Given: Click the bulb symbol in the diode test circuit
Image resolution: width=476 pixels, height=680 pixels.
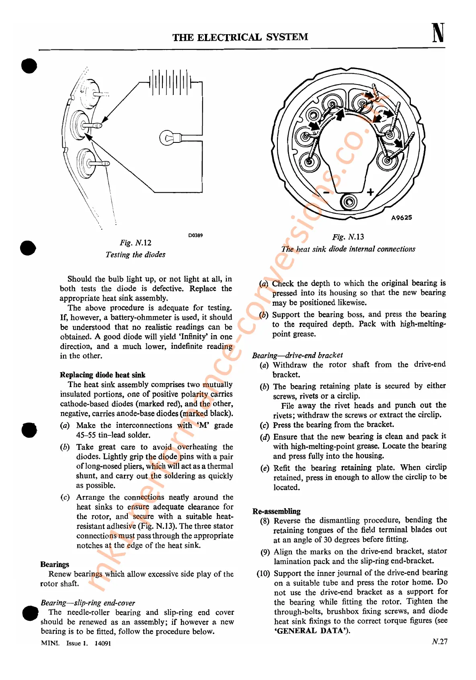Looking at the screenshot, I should point(167,138).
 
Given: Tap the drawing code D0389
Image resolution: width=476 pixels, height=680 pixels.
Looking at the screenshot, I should point(195,235).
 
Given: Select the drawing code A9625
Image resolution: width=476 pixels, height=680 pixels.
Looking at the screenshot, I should point(402,218).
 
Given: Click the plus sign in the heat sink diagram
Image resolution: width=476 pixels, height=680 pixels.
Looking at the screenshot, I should point(370,192).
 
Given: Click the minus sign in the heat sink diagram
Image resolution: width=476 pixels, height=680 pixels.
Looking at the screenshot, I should point(326,193).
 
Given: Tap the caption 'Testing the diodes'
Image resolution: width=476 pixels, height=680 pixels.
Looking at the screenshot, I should point(135,255).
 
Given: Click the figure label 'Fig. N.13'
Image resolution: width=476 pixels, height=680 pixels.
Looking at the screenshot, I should point(348,237).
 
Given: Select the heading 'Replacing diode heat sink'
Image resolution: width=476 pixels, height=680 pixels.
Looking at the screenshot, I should point(103,375).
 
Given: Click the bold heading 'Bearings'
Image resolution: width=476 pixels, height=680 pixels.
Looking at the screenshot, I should point(55,565).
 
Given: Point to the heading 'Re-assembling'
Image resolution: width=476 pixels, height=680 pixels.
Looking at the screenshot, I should point(277,511).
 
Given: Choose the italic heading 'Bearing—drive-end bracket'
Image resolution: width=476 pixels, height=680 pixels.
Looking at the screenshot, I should point(297,355).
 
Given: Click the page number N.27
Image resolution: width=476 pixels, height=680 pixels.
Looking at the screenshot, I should point(439,642).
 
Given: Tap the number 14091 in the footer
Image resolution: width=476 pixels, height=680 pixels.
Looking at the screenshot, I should point(103,643).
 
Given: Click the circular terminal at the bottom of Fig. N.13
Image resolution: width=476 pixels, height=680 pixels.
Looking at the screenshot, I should point(348,202).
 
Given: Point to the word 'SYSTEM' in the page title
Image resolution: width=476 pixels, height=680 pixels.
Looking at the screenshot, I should point(287,37).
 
